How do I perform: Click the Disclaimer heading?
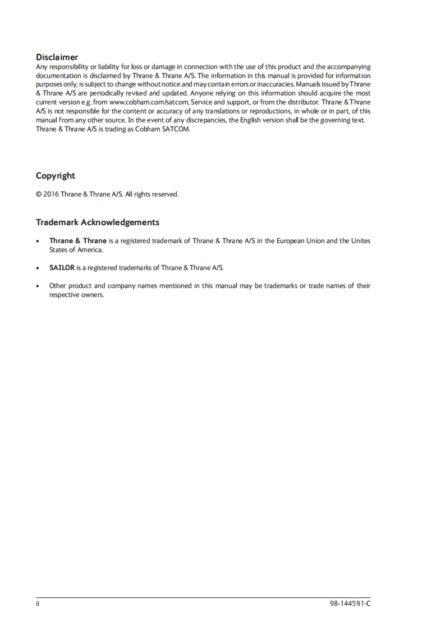57,57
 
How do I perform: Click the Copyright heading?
55,176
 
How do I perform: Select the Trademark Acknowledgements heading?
97,222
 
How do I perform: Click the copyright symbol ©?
38,194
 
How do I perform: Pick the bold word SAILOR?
62,268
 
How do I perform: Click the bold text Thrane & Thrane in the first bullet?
77,241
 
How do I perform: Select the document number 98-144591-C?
351,604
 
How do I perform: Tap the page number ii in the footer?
38,604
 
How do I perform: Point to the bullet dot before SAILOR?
38,268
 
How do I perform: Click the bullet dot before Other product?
38,286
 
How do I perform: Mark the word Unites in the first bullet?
360,241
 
